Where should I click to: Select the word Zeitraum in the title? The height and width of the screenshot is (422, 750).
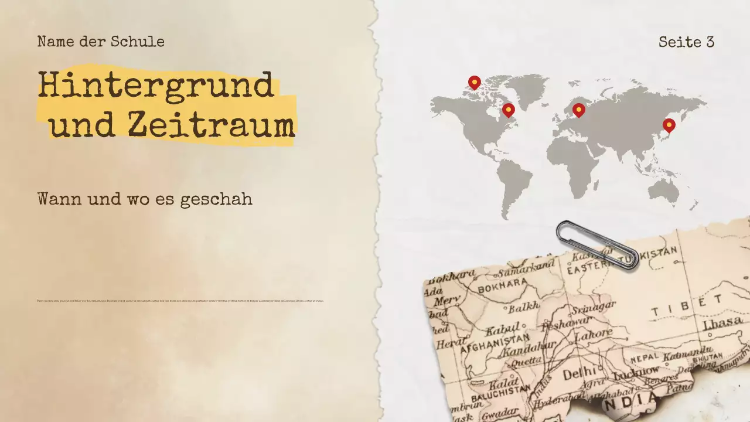211,125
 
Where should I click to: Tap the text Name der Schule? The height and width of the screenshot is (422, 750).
101,42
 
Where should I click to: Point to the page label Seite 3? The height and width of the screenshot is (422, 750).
686,42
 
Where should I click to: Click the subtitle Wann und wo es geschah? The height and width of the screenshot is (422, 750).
145,199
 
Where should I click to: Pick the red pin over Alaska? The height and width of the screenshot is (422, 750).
474,82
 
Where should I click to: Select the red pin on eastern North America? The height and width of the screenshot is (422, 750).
508,110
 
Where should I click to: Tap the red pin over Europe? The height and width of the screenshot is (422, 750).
578,110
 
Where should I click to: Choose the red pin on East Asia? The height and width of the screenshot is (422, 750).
669,125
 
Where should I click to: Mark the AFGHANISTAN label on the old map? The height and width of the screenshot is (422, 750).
495,343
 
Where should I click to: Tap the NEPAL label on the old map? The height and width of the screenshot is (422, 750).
642,358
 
